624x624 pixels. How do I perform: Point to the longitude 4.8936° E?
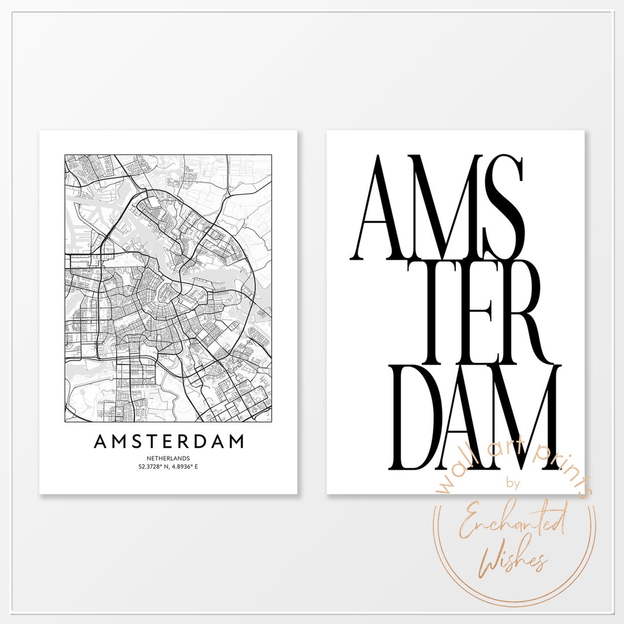[x=184, y=466]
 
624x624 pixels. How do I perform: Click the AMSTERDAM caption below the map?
[x=169, y=442]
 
